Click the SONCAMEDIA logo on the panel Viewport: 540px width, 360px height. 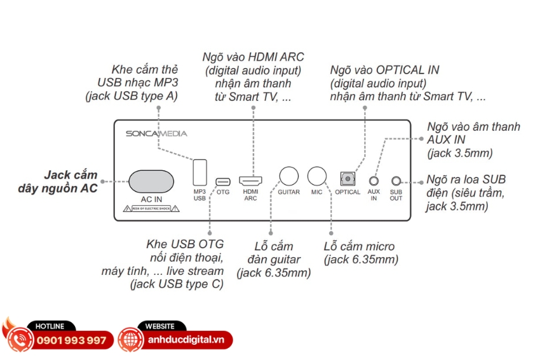click(x=156, y=134)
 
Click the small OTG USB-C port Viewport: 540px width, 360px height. click(x=222, y=180)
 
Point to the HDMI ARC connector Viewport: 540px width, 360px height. click(x=250, y=180)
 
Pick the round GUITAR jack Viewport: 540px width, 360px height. click(x=289, y=176)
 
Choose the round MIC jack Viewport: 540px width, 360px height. click(x=317, y=176)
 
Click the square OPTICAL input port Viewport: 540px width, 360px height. click(x=348, y=178)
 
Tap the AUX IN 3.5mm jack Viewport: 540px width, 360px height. click(x=374, y=181)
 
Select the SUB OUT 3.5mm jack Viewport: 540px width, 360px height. click(x=396, y=181)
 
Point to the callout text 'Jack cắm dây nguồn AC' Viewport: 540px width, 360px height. click(x=71, y=182)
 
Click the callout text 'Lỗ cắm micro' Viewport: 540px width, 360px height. click(x=359, y=246)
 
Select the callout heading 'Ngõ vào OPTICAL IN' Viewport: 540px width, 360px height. click(x=384, y=70)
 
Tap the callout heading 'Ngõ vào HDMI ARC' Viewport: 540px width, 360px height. click(x=253, y=57)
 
